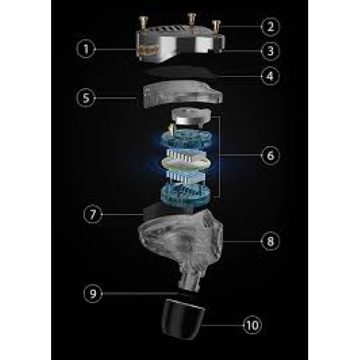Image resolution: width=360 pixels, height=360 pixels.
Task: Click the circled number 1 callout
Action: pyautogui.click(x=86, y=49)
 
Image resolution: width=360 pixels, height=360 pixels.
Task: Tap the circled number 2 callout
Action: pyautogui.click(x=271, y=27)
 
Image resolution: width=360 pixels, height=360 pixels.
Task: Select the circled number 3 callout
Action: pyautogui.click(x=271, y=51)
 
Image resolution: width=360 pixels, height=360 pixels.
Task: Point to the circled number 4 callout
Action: pyautogui.click(x=270, y=76)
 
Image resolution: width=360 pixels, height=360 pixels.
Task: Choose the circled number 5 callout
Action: pyautogui.click(x=86, y=98)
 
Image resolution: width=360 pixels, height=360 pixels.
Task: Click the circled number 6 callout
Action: pyautogui.click(x=271, y=156)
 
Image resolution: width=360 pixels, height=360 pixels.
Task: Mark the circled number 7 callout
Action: pyautogui.click(x=93, y=215)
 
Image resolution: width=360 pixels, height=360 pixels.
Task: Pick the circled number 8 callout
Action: pyautogui.click(x=271, y=241)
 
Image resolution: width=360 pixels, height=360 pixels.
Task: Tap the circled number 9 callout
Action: pyautogui.click(x=93, y=293)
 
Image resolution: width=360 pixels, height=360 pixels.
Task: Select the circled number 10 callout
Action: pyautogui.click(x=253, y=325)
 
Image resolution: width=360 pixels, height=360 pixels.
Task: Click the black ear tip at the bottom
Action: pyautogui.click(x=183, y=319)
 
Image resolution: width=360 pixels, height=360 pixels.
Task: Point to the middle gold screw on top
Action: pyautogui.click(x=192, y=19)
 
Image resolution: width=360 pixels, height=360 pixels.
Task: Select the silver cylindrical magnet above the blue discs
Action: pyautogui.click(x=191, y=117)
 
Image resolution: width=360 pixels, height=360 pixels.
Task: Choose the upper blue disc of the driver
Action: pyautogui.click(x=186, y=140)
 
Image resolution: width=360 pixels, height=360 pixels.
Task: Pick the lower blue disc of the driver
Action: pyautogui.click(x=186, y=193)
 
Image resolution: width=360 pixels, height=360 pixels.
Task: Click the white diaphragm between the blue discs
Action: pyautogui.click(x=186, y=163)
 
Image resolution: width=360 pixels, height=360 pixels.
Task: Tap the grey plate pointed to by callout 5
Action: pyautogui.click(x=182, y=94)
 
